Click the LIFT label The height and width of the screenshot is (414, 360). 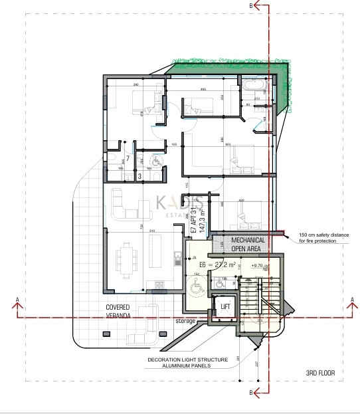click(x=225, y=307)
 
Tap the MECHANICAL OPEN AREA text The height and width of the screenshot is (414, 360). click(x=248, y=244)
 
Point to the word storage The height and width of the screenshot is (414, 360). click(x=186, y=321)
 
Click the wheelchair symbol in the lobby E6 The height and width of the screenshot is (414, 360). click(x=197, y=288)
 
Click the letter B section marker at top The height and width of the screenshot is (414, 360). click(x=250, y=5)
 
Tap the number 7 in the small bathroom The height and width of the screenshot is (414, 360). click(x=128, y=157)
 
